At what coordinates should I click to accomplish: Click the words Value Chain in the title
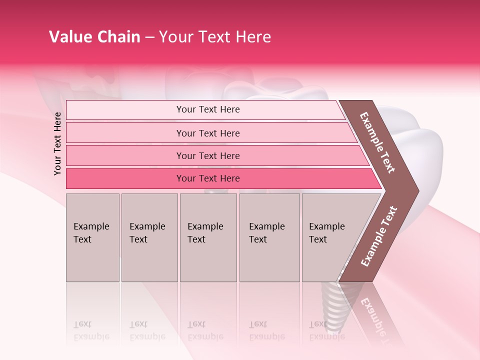point(94,37)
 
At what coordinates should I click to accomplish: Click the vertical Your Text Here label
point(57,143)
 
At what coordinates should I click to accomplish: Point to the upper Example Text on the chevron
point(377,142)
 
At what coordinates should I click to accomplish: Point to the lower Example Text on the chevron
point(379,236)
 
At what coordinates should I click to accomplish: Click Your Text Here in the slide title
point(215,37)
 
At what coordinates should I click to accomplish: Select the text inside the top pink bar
point(208,109)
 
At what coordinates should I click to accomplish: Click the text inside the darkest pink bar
point(208,178)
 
